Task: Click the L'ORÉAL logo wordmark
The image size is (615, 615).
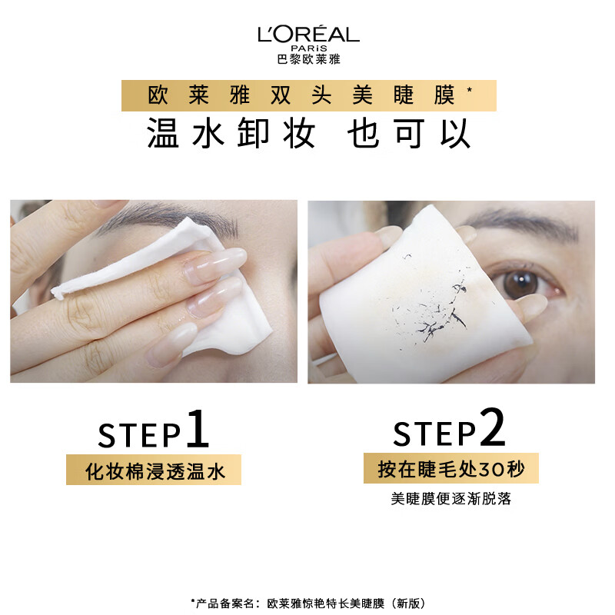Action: [x=308, y=34]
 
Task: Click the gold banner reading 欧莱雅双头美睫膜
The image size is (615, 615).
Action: [x=308, y=96]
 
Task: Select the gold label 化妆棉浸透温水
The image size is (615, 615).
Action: [x=154, y=470]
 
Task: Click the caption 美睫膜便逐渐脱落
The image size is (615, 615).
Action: [x=450, y=499]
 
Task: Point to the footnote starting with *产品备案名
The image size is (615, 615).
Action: [x=307, y=603]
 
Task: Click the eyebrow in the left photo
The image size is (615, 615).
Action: [x=184, y=217]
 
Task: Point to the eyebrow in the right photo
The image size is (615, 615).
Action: [x=523, y=225]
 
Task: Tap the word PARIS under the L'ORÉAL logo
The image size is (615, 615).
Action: [x=308, y=48]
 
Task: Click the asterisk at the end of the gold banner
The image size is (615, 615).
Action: [x=470, y=91]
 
